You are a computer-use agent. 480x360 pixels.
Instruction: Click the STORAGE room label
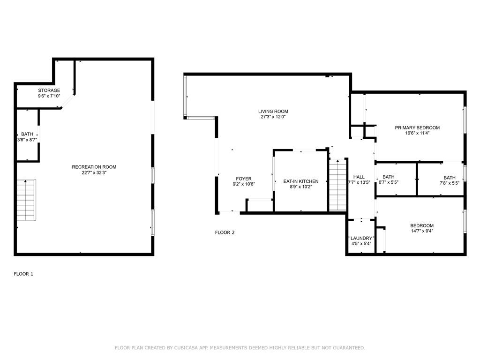[x=49, y=90]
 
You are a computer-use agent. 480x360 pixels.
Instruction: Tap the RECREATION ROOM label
[x=94, y=167]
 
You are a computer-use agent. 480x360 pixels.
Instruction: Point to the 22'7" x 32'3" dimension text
[x=94, y=172]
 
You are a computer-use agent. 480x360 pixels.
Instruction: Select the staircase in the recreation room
[x=26, y=200]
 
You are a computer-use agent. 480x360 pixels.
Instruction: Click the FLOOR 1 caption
[x=23, y=274]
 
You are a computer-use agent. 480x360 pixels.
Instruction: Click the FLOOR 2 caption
[x=225, y=232]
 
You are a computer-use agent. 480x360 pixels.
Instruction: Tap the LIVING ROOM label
[x=273, y=112]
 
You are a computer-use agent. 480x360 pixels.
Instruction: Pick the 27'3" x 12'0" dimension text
[x=273, y=117]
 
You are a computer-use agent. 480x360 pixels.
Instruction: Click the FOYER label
[x=244, y=179]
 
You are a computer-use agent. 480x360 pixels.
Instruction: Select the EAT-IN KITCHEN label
[x=301, y=181]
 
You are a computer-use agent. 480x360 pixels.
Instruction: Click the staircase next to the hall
[x=337, y=185]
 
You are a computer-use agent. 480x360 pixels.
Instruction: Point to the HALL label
[x=359, y=177]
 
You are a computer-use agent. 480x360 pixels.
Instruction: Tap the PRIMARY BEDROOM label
[x=417, y=127]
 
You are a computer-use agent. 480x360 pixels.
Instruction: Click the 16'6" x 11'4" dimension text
[x=417, y=133]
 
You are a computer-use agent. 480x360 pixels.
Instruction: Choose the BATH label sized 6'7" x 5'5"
[x=389, y=177]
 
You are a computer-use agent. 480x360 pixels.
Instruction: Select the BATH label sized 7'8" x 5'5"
[x=450, y=178]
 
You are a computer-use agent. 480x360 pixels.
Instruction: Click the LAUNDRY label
[x=361, y=238]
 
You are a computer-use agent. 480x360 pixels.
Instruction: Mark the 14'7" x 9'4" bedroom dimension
[x=422, y=231]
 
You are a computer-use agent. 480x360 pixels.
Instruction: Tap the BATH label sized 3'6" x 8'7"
[x=27, y=134]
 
